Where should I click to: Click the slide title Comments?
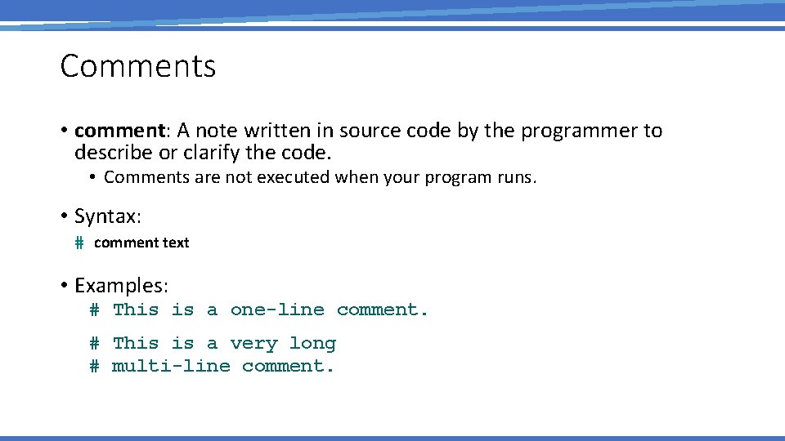point(137,66)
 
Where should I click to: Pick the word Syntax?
point(107,216)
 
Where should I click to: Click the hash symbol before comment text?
point(79,243)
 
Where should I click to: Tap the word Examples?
point(121,286)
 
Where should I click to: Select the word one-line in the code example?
point(277,310)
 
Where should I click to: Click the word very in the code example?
point(253,344)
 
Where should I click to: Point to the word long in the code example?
point(312,344)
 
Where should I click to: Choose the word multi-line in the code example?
point(171,366)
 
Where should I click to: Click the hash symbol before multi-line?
point(95,366)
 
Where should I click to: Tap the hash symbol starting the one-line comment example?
point(95,310)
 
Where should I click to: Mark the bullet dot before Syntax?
point(64,216)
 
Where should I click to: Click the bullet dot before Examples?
point(64,286)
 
